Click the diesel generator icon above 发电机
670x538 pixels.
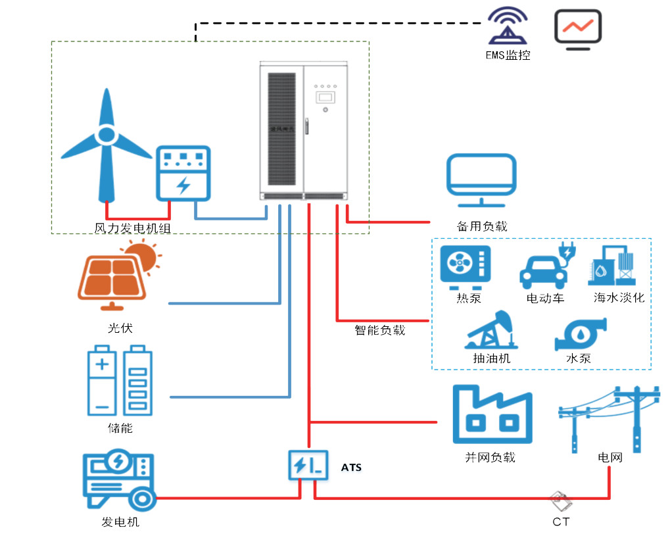[x=118, y=480]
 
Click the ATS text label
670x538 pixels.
[x=351, y=468]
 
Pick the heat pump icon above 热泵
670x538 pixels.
[x=466, y=267]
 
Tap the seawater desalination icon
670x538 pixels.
[x=615, y=267]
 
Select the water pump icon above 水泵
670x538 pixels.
[x=580, y=335]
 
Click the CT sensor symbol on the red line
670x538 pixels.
[x=561, y=502]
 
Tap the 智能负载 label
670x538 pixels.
[x=380, y=330]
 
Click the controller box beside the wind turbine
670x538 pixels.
[x=183, y=173]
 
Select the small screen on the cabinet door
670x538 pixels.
[x=325, y=97]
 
